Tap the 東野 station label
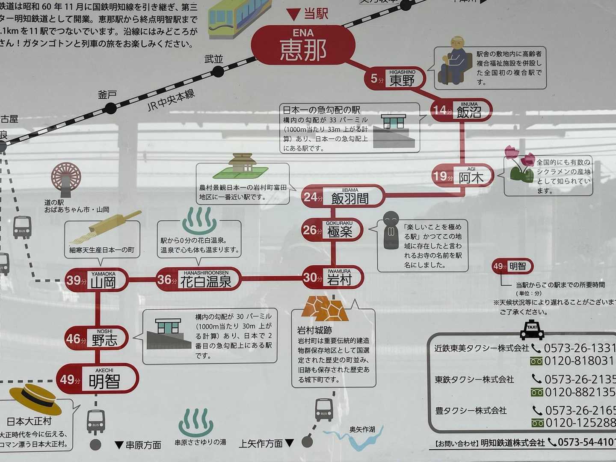(402, 80)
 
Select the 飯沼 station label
(469, 112)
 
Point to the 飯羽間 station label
(350, 198)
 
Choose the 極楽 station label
(340, 231)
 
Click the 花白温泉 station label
(206, 281)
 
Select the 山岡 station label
(103, 282)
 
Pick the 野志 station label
(105, 340)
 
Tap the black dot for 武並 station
(218, 71)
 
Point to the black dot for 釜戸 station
(111, 109)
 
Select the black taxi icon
(532, 330)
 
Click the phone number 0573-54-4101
(586, 442)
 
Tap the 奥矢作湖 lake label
(362, 429)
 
